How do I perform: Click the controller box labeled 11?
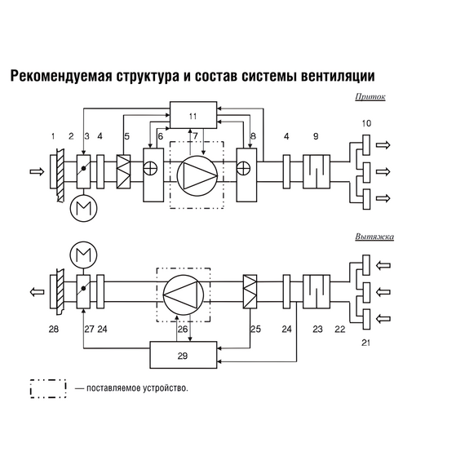tap(193, 115)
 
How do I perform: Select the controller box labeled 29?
tap(184, 356)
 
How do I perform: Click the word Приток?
tap(370, 96)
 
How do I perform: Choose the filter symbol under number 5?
tap(125, 172)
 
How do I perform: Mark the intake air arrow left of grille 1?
tap(35, 172)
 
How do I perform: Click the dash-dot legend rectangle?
tap(48, 387)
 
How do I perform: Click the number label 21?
tap(366, 343)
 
